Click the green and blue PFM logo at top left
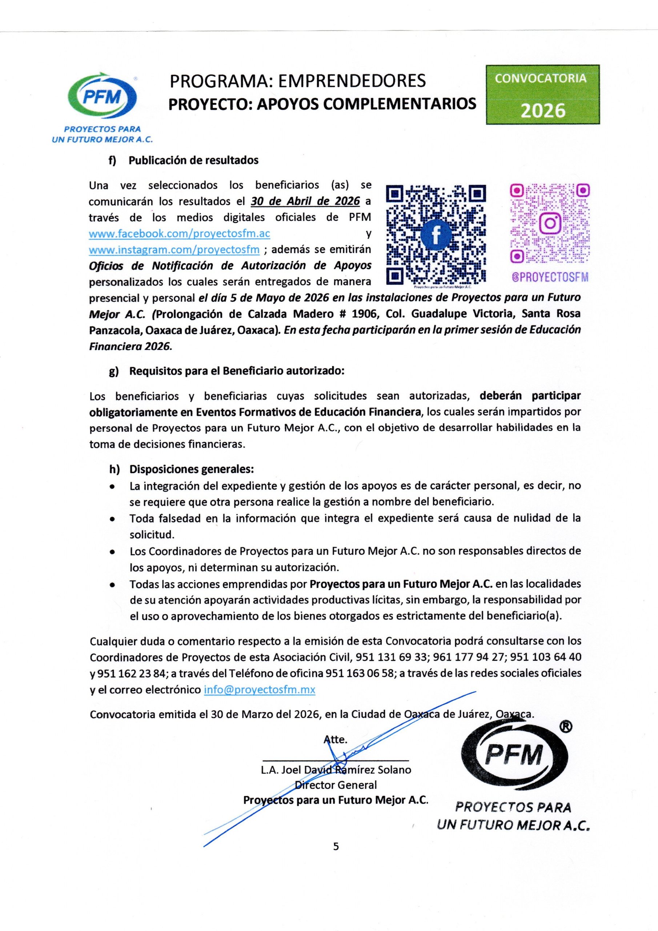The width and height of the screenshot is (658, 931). pyautogui.click(x=102, y=97)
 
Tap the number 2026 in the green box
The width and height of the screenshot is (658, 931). pyautogui.click(x=542, y=110)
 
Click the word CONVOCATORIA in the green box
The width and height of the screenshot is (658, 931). pyautogui.click(x=542, y=78)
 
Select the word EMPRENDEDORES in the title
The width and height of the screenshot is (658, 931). pyautogui.click(x=351, y=81)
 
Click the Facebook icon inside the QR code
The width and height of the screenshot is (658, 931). pyautogui.click(x=436, y=235)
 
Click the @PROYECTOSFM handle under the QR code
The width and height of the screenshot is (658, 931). pyautogui.click(x=550, y=277)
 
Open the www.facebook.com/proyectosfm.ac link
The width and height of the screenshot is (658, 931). pyautogui.click(x=179, y=234)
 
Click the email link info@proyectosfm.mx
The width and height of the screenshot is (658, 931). pyautogui.click(x=260, y=690)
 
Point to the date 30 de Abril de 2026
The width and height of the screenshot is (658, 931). pyautogui.click(x=305, y=201)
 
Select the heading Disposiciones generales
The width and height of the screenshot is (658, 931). pyautogui.click(x=191, y=469)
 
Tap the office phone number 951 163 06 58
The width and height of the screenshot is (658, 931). pyautogui.click(x=360, y=674)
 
